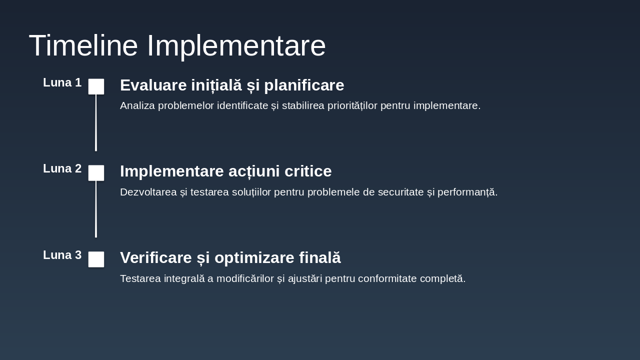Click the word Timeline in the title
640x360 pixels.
click(83, 45)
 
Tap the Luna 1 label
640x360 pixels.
click(62, 82)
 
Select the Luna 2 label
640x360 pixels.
click(62, 168)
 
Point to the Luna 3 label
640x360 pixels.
click(62, 255)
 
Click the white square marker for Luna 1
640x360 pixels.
click(96, 86)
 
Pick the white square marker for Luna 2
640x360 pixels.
click(96, 173)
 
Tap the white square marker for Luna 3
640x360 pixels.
click(96, 259)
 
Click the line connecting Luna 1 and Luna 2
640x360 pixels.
click(96, 122)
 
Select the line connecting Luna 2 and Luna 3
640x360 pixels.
click(96, 209)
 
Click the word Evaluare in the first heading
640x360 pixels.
click(153, 85)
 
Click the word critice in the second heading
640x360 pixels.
click(308, 171)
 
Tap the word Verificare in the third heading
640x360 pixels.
click(156, 257)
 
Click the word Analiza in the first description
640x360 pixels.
click(137, 105)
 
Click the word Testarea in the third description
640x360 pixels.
click(140, 278)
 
